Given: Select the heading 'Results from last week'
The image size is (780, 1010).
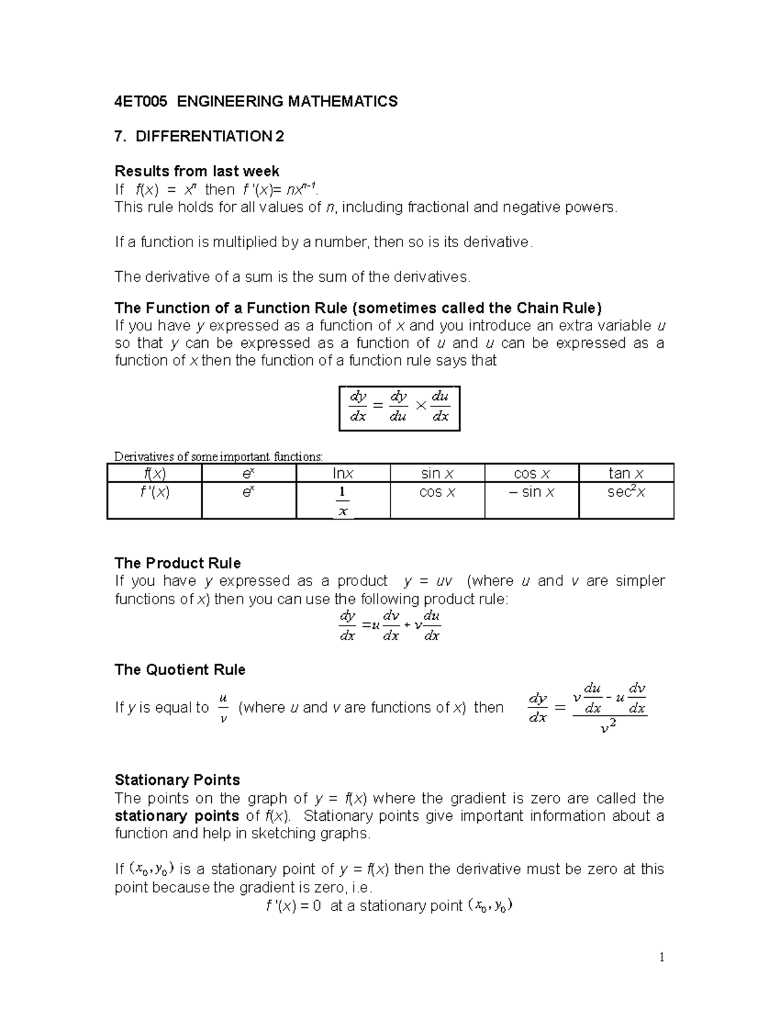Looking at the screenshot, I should (196, 171).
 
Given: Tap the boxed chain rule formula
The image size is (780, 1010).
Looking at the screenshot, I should (399, 408).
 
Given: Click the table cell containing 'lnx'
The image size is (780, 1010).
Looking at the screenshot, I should (343, 473).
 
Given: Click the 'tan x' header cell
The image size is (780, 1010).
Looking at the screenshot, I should (626, 473).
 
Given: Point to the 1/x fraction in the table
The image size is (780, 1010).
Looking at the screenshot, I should (343, 501).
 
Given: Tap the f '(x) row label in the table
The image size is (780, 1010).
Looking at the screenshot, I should (154, 492).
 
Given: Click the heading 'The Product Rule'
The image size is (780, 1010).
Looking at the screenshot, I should (177, 563).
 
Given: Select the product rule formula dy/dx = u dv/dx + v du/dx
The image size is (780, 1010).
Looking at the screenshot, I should (390, 626).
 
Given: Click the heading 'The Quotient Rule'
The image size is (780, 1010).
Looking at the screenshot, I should (179, 670).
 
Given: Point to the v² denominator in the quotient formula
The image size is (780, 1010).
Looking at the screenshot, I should (608, 728).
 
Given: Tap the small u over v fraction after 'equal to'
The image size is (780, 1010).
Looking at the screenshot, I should (223, 708).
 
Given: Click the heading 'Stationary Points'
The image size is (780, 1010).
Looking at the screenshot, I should (177, 780).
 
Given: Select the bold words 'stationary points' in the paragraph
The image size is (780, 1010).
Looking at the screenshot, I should (177, 816).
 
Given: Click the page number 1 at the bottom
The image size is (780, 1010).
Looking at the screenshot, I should (662, 957).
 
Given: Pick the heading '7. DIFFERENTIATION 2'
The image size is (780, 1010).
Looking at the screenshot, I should (199, 137).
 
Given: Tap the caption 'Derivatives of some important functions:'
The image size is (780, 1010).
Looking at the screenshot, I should (218, 457).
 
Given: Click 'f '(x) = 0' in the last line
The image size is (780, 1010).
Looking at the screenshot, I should (294, 906).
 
